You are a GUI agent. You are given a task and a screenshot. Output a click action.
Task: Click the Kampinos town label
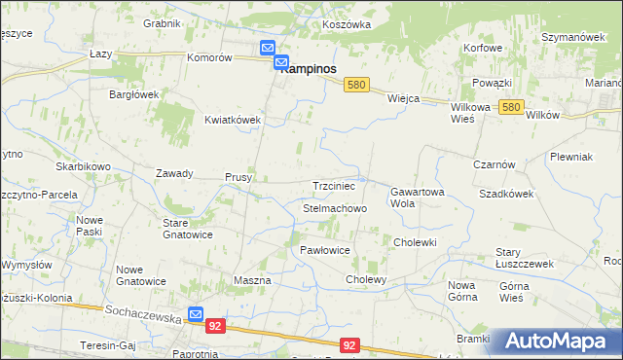[309, 69]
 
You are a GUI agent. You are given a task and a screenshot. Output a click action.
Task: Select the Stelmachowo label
[334, 208]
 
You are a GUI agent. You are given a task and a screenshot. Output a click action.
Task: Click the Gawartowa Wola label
[417, 198]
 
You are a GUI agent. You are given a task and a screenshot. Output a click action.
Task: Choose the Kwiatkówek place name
[233, 120]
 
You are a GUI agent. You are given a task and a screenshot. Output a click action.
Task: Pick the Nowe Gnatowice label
[142, 275]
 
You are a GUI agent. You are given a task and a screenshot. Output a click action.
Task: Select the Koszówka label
[348, 23]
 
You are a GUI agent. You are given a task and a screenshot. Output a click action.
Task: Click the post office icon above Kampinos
[268, 48]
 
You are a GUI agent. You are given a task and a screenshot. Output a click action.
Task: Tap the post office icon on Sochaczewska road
[196, 315]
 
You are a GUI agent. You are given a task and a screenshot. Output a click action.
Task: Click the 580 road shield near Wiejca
[356, 86]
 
